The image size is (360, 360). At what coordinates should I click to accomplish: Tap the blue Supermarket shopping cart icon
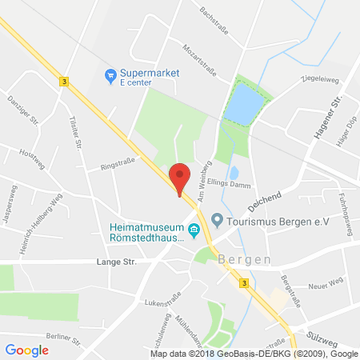pos(111,76)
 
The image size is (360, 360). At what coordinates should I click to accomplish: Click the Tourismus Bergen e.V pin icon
pos(217,220)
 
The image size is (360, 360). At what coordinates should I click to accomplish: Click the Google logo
pos(26,350)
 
